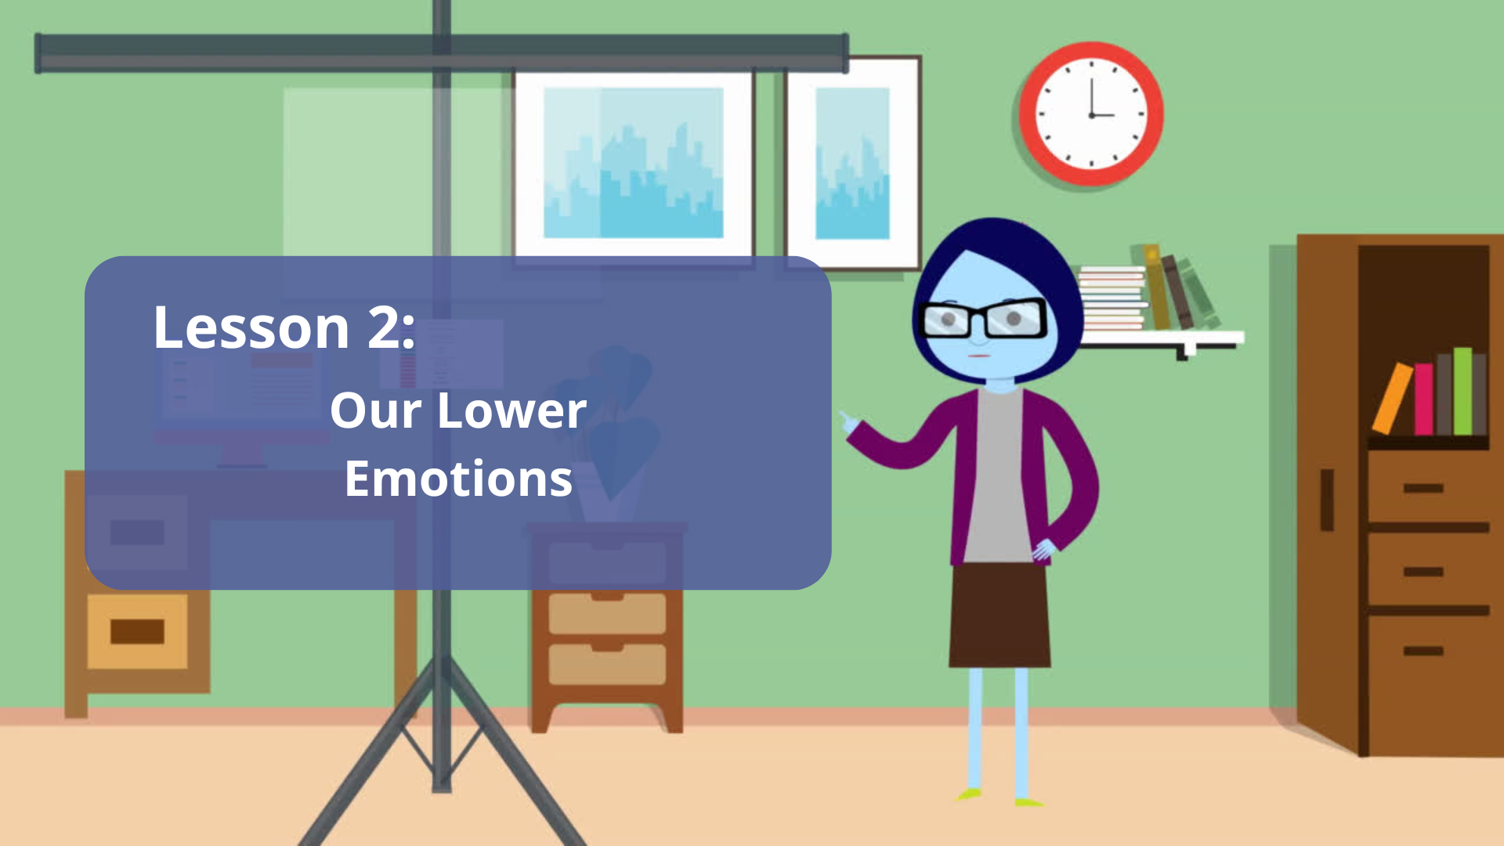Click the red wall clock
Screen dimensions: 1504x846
click(x=1091, y=114)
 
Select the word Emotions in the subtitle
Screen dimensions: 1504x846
click(x=459, y=479)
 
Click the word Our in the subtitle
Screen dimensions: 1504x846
click(x=376, y=410)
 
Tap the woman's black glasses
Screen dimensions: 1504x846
click(x=983, y=318)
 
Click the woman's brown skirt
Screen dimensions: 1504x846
click(x=1000, y=616)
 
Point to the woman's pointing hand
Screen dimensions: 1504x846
click(x=849, y=423)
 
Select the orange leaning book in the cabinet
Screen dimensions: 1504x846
click(x=1392, y=398)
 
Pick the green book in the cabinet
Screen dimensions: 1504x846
click(x=1462, y=391)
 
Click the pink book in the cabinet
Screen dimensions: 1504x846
click(x=1423, y=399)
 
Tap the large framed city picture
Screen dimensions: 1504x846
click(x=633, y=162)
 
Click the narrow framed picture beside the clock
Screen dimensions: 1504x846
click(x=852, y=162)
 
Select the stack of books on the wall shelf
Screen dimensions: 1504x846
click(x=1112, y=297)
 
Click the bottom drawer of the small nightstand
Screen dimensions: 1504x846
click(x=607, y=664)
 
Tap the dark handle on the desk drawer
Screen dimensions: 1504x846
click(x=137, y=631)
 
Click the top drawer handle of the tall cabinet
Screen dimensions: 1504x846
click(x=1423, y=488)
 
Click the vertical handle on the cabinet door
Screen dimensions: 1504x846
click(x=1327, y=500)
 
